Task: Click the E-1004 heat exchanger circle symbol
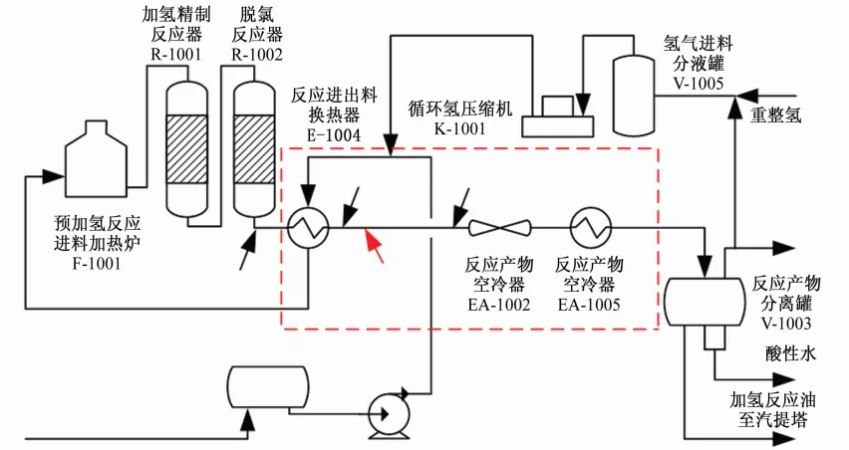click(x=309, y=228)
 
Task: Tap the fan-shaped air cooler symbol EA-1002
click(x=499, y=228)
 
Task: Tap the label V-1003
click(x=784, y=323)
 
